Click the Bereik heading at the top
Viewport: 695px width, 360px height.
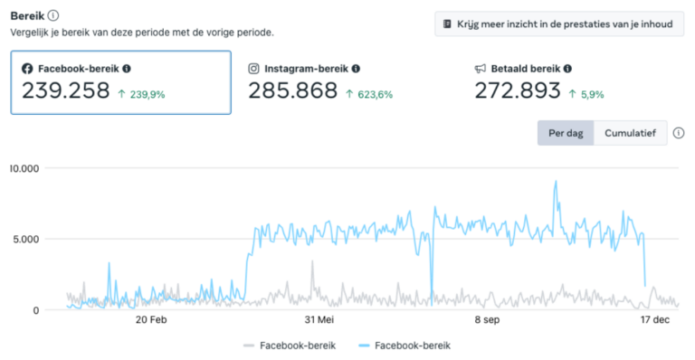(26, 15)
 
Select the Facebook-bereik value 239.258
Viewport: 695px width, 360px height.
(65, 91)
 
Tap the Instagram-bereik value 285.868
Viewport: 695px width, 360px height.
(292, 91)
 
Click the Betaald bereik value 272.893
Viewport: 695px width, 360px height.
(518, 91)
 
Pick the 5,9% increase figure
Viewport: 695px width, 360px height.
(586, 93)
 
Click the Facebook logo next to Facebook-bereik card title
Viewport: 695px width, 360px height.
(27, 69)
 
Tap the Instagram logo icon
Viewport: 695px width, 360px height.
(254, 69)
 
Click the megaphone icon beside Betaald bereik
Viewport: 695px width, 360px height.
(481, 69)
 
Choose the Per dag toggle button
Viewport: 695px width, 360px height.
(566, 133)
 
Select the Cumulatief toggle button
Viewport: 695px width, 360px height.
(630, 133)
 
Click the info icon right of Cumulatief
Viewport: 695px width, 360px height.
(679, 133)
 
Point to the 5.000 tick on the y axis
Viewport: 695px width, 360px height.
(22, 240)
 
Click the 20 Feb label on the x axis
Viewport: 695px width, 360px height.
(150, 319)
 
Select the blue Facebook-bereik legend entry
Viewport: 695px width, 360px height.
(404, 345)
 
